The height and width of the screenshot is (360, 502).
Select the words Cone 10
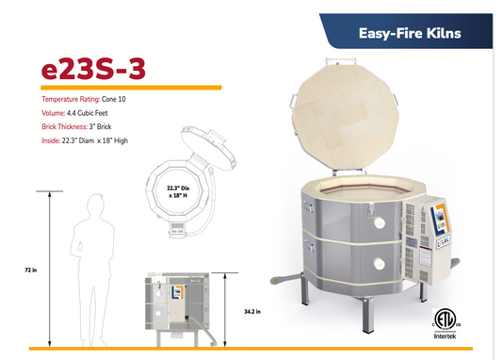click(x=120, y=98)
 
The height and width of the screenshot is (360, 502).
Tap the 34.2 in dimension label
click(x=251, y=310)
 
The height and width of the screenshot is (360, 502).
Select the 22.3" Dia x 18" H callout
click(x=180, y=191)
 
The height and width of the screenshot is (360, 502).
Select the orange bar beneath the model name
click(x=132, y=87)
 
